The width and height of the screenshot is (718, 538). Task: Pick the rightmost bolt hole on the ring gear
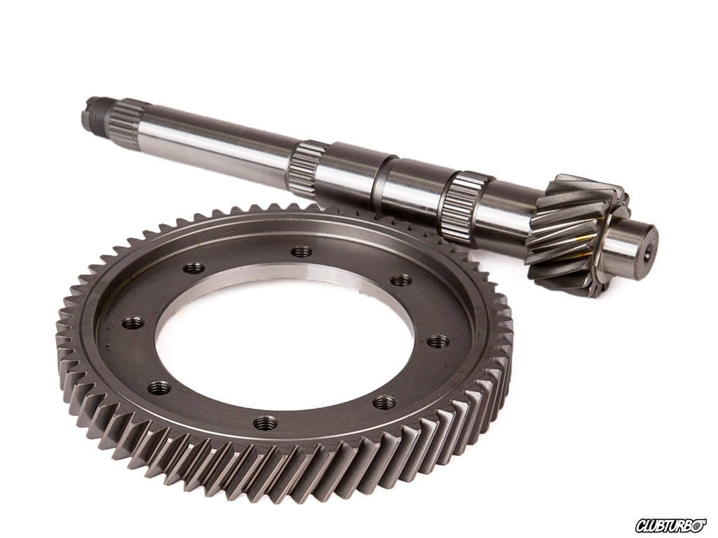coord(438,342)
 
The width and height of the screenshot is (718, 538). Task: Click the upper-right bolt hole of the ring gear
coord(402,280)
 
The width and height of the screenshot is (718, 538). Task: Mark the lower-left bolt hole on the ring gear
coord(159,388)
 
